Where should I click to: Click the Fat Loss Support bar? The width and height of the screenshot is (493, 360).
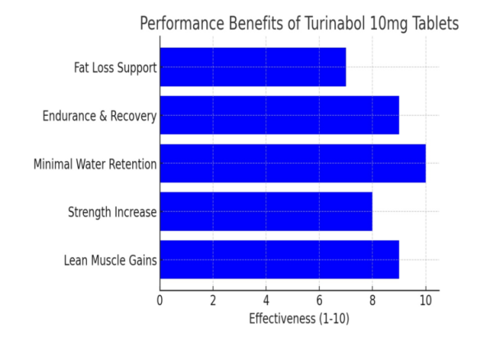[252, 67]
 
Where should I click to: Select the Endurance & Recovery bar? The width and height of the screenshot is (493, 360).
[279, 116]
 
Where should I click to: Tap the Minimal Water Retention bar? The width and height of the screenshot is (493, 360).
[293, 164]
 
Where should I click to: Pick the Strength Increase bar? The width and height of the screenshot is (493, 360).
[265, 212]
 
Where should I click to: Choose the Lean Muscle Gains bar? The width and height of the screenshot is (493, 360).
[279, 261]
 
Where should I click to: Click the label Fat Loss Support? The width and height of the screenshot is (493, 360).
[115, 67]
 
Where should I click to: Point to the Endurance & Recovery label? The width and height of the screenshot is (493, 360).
[99, 116]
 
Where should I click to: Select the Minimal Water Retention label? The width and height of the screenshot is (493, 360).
[94, 164]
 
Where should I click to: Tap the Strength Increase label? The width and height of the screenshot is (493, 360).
[112, 213]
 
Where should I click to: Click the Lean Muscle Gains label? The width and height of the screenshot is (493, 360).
[110, 261]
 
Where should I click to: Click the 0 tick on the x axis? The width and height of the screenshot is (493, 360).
[159, 300]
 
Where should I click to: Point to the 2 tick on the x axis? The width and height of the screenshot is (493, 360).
[213, 300]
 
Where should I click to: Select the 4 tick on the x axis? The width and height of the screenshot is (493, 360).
[266, 300]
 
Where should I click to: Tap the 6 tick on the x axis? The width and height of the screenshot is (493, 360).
[319, 300]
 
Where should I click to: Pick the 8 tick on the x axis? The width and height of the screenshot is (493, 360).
[372, 300]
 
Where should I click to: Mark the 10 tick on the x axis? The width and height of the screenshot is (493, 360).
[426, 300]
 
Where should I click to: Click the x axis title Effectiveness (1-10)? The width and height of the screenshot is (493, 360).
[299, 318]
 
